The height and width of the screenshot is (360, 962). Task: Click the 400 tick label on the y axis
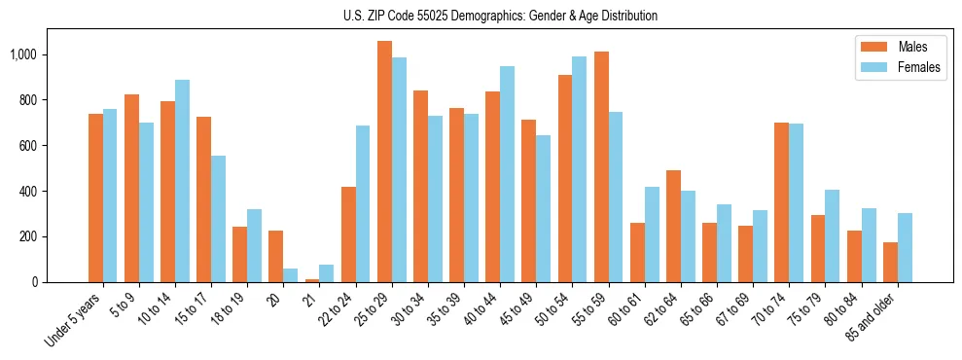[30, 191]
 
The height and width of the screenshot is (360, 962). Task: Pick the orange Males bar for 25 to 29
[384, 162]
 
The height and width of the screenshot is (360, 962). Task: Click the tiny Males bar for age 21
[312, 280]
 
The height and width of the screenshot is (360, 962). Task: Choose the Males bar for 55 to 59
[601, 166]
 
